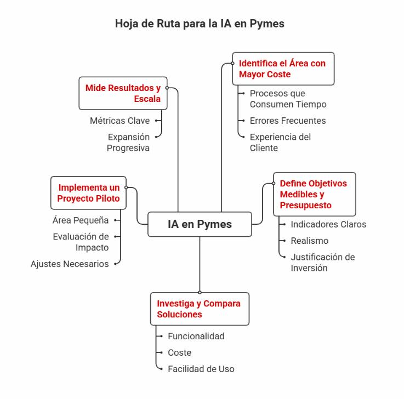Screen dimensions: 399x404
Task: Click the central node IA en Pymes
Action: pyautogui.click(x=200, y=224)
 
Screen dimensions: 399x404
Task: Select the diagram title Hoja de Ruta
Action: pyautogui.click(x=200, y=24)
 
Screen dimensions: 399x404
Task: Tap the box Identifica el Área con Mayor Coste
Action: pyautogui.click(x=283, y=69)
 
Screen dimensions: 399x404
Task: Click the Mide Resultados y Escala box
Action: pyautogui.click(x=123, y=93)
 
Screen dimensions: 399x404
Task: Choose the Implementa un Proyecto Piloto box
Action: pyautogui.click(x=89, y=193)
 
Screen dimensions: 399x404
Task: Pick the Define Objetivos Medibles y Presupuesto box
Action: pyautogui.click(x=314, y=195)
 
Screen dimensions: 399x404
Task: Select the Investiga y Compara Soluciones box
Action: pyautogui.click(x=199, y=309)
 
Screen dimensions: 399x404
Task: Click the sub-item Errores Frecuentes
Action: pyautogui.click(x=288, y=121)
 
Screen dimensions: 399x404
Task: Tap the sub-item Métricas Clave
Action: pyautogui.click(x=120, y=121)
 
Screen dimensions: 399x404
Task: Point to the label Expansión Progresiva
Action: pyautogui.click(x=128, y=142)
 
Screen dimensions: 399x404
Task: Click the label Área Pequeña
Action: pyautogui.click(x=81, y=220)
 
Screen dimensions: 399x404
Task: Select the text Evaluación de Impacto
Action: pyautogui.click(x=81, y=242)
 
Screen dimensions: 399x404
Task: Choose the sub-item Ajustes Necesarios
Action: pyautogui.click(x=70, y=264)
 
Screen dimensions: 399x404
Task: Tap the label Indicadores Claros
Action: pyautogui.click(x=328, y=224)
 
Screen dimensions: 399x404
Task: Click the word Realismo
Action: pyautogui.click(x=309, y=241)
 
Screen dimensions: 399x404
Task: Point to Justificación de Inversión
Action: pyautogui.click(x=323, y=263)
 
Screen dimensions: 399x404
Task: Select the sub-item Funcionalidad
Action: pyautogui.click(x=196, y=337)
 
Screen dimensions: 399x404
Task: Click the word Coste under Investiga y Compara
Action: pyautogui.click(x=179, y=353)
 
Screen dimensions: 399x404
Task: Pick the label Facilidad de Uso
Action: pyautogui.click(x=201, y=369)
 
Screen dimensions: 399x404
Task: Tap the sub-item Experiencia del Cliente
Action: pyautogui.click(x=280, y=142)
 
